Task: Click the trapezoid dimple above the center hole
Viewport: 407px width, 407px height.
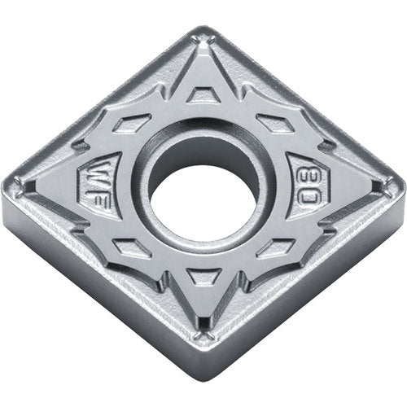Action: click(x=197, y=96)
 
